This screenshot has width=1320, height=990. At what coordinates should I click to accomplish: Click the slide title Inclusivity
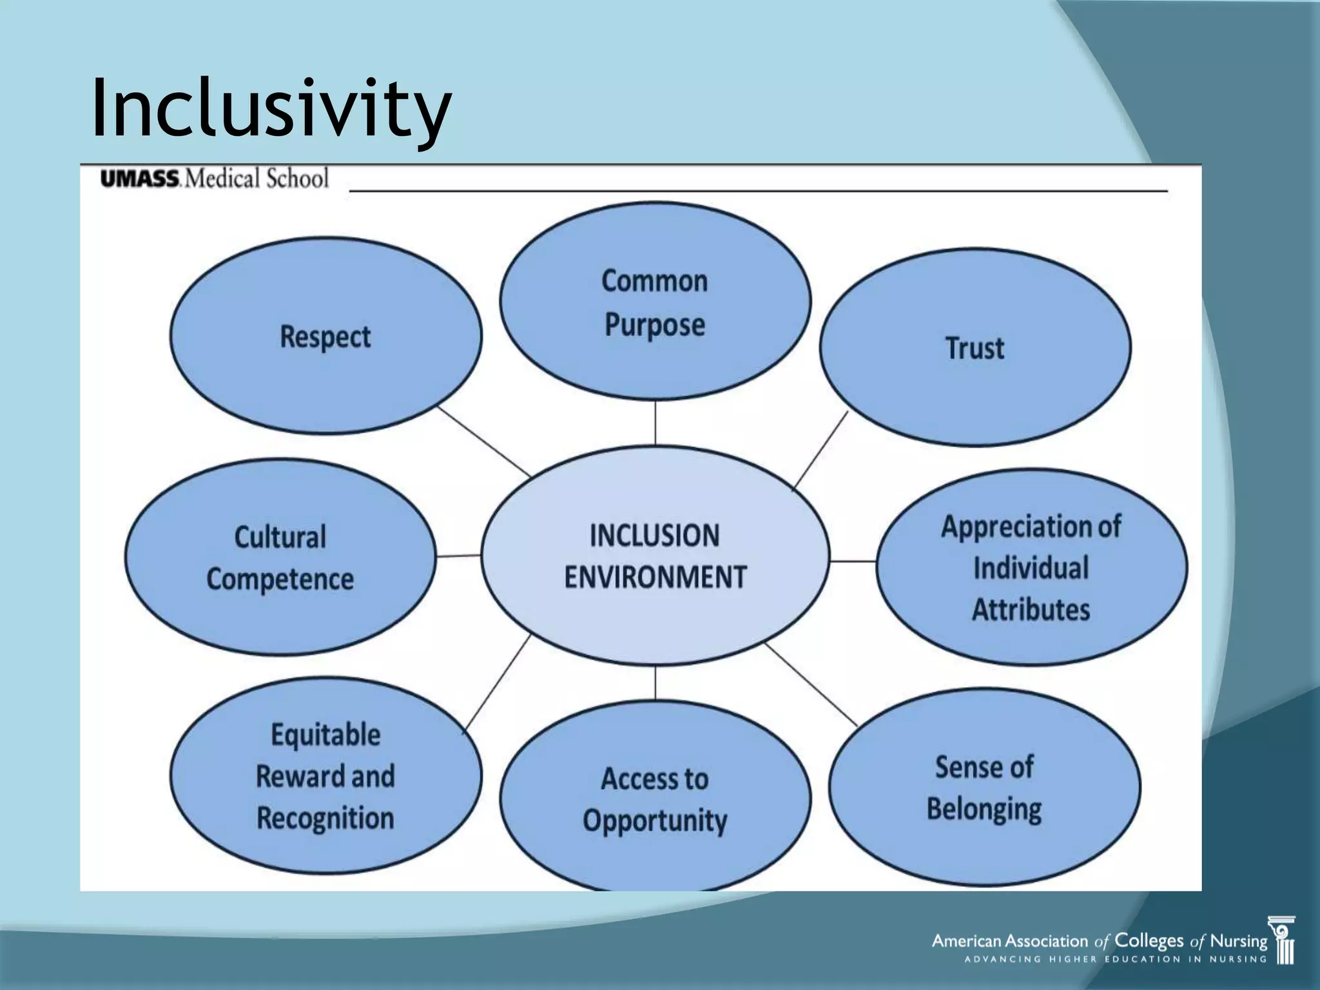point(271,108)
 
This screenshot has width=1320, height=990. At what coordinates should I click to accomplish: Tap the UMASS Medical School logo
point(214,179)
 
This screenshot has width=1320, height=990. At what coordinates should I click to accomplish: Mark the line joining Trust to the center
point(820,449)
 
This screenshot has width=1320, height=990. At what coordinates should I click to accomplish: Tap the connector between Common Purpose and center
point(655,422)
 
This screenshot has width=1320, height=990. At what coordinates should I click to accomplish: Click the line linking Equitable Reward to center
point(497,683)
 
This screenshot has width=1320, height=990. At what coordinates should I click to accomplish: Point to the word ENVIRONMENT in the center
point(655,577)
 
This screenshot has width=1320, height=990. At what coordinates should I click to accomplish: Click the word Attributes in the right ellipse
point(1031,610)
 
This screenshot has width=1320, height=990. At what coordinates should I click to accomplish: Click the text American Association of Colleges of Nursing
point(1100,942)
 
